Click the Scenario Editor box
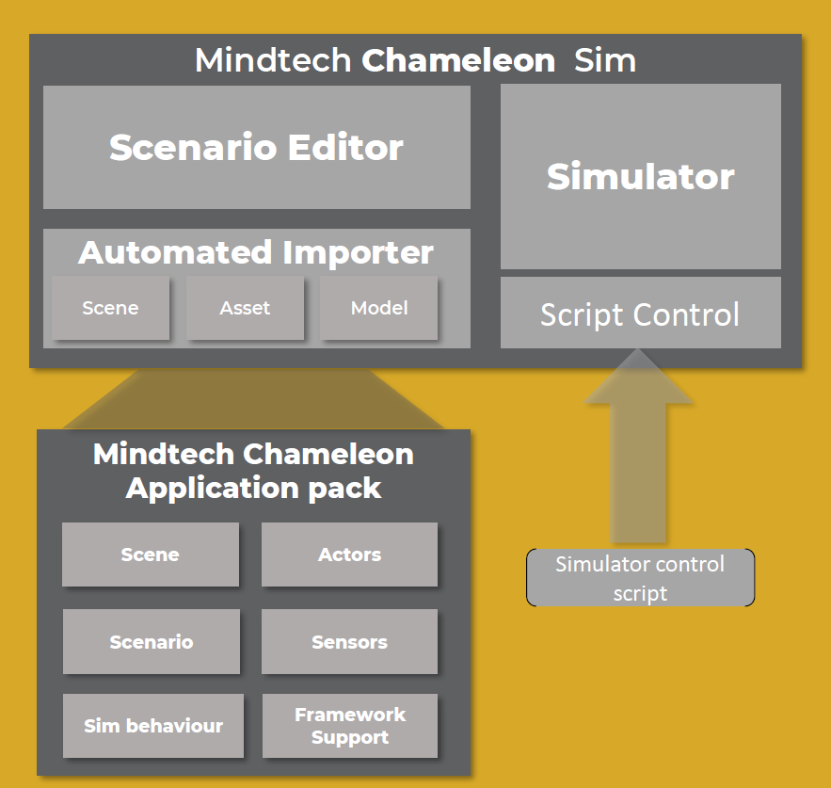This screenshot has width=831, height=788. click(x=256, y=147)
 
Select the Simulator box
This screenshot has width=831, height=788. click(x=640, y=176)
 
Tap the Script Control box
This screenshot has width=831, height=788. click(x=640, y=314)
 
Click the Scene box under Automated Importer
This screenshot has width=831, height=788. click(x=110, y=308)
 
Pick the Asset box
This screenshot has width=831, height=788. click(x=245, y=308)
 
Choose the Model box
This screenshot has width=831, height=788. click(x=378, y=308)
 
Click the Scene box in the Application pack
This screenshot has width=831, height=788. click(x=150, y=555)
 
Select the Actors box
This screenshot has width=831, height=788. click(x=349, y=555)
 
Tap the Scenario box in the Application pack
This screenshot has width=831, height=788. click(x=151, y=642)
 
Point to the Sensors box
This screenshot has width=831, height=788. click(x=349, y=642)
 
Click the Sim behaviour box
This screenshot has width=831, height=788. click(x=152, y=726)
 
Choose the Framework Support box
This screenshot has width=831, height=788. click(x=349, y=726)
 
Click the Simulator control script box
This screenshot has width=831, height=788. click(x=640, y=578)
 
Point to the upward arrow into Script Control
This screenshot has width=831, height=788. click(x=640, y=442)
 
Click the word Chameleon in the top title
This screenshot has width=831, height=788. click(x=458, y=61)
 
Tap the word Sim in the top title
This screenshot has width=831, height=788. click(x=605, y=61)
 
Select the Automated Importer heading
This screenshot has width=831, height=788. click(x=256, y=252)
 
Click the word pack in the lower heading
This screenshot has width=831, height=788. click(x=348, y=488)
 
